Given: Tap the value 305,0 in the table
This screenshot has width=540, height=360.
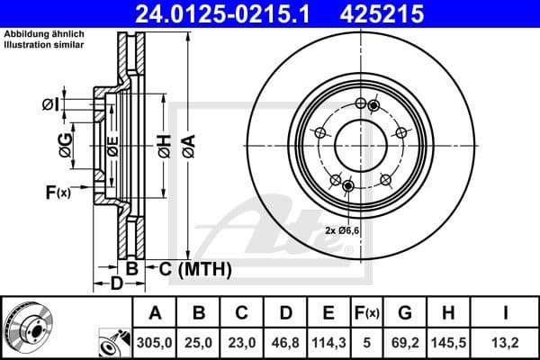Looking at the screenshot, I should click(x=155, y=342).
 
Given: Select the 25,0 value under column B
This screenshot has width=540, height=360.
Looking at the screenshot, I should click(x=200, y=342).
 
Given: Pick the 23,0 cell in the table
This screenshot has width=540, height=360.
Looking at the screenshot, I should click(x=242, y=342).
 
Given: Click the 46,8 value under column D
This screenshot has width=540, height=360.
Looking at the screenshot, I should click(x=285, y=342).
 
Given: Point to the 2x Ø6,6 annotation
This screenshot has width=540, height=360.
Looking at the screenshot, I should click(x=344, y=231).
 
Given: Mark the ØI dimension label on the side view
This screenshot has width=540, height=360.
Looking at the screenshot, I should click(x=51, y=105).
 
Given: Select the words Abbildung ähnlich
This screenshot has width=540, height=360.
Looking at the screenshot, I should click(x=31, y=34).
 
